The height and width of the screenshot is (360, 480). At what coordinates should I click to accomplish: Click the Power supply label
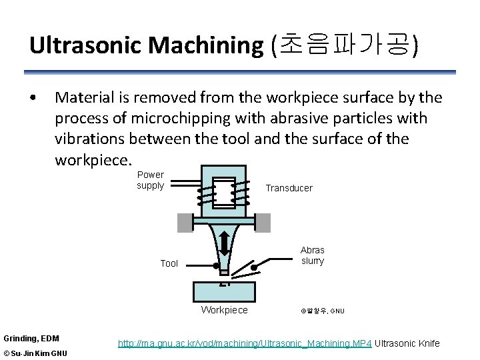point(151,180)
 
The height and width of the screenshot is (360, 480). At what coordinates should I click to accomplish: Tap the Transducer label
point(289,188)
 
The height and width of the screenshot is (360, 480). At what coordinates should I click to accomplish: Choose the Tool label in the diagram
point(169,263)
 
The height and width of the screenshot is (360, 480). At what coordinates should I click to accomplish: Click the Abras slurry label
point(312,255)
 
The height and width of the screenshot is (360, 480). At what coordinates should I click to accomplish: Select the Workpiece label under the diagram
point(224,310)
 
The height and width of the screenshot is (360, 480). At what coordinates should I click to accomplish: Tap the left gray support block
point(184,223)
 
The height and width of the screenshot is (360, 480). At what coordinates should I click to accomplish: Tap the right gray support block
point(263,223)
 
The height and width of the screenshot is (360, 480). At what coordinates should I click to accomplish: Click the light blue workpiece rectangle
point(224,291)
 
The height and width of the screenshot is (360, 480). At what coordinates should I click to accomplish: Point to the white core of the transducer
point(224,193)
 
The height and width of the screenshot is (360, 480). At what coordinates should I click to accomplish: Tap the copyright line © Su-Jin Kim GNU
point(35,353)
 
